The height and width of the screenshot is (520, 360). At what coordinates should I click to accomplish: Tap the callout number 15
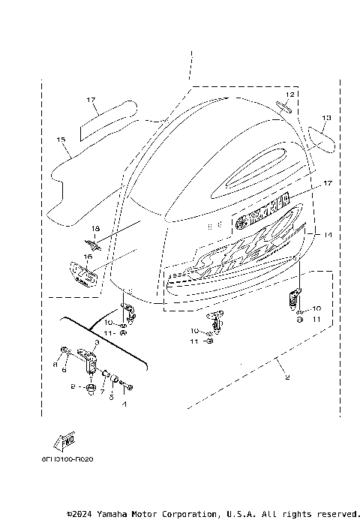(x=61, y=140)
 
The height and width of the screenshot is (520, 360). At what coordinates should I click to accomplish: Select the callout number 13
(x=325, y=118)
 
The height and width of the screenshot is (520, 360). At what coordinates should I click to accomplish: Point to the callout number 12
(x=289, y=94)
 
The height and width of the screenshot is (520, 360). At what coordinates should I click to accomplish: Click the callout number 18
(x=94, y=227)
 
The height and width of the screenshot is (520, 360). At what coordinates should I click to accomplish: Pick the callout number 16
(x=88, y=256)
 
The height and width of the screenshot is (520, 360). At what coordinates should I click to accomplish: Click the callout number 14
(x=326, y=235)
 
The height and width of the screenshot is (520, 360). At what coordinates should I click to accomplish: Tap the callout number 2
(x=286, y=377)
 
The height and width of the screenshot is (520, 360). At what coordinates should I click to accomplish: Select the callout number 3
(x=96, y=341)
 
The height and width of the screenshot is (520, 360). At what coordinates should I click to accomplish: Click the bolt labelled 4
(x=129, y=387)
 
